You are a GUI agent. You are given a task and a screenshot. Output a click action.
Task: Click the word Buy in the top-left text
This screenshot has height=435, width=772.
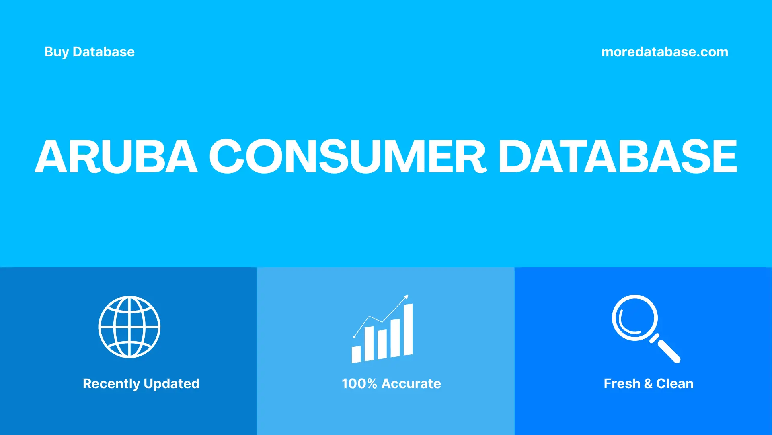coord(56,52)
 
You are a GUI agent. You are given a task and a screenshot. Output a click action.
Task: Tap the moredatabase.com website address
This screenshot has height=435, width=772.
coord(665,52)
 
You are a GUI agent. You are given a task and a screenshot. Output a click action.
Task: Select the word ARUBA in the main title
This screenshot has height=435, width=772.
coord(116,157)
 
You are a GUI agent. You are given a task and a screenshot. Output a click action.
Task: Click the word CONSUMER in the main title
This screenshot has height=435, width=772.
coord(348,157)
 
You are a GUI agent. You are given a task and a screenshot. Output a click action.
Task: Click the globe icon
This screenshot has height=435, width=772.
coord(129,327)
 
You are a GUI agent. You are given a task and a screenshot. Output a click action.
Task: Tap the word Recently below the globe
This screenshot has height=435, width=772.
coord(111,384)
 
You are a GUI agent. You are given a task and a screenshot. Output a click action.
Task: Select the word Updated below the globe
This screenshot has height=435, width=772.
coord(171,384)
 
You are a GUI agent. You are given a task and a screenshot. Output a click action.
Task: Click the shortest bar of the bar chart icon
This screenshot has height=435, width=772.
coord(356,354)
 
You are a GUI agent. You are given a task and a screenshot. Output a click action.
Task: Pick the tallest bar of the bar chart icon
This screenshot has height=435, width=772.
coord(408,329)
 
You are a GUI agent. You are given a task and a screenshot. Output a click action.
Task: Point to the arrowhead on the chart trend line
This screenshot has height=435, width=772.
coord(406,297)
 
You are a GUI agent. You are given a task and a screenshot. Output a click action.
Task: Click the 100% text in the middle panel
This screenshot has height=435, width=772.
coord(359,384)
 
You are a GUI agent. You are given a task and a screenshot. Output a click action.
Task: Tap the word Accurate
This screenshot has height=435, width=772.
coord(411,384)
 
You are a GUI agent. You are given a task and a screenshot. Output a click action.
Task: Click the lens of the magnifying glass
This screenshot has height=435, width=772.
coord(635,318)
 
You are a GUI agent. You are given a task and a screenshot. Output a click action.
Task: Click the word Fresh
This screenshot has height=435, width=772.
coord(622,384)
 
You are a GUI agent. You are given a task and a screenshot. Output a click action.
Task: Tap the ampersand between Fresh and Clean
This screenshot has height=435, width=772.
coord(648,384)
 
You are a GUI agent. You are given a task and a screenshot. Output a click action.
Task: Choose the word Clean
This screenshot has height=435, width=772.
coord(675,384)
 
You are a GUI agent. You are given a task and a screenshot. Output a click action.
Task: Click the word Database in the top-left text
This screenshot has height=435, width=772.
coord(104,52)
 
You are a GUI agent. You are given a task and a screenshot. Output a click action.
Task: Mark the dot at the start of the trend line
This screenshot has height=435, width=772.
coord(354,337)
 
